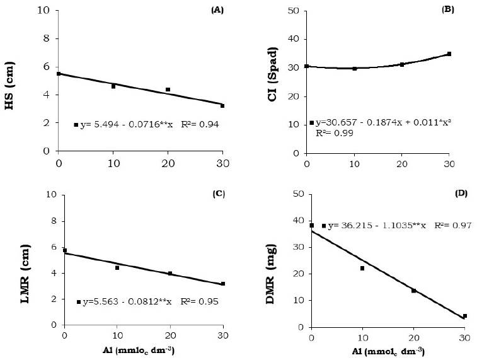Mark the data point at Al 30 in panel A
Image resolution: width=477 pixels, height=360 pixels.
(222, 106)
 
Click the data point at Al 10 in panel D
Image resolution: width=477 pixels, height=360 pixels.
(362, 269)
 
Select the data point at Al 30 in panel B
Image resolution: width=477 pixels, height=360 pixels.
(449, 54)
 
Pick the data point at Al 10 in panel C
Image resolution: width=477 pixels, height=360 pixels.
(117, 268)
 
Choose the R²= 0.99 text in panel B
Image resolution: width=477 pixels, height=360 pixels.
(332, 134)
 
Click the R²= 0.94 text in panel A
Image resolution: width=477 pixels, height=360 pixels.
(198, 125)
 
